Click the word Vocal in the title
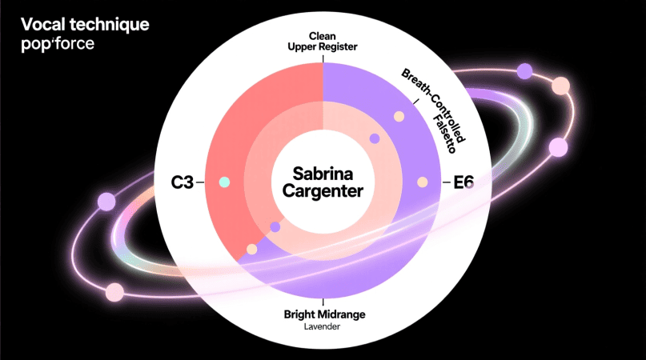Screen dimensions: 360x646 click(37, 24)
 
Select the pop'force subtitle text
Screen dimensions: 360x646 click(58, 43)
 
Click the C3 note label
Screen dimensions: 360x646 click(182, 182)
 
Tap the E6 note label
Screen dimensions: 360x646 click(463, 182)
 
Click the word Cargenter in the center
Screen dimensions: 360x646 click(323, 191)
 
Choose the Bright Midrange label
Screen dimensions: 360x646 click(323, 313)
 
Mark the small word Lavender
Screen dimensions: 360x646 click(323, 326)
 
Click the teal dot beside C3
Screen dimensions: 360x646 click(224, 182)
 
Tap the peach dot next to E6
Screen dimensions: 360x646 click(422, 182)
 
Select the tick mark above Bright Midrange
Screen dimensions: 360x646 click(323, 302)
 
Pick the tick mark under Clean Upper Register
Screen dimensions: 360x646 click(323, 57)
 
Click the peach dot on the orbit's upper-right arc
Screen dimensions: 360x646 click(560, 86)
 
